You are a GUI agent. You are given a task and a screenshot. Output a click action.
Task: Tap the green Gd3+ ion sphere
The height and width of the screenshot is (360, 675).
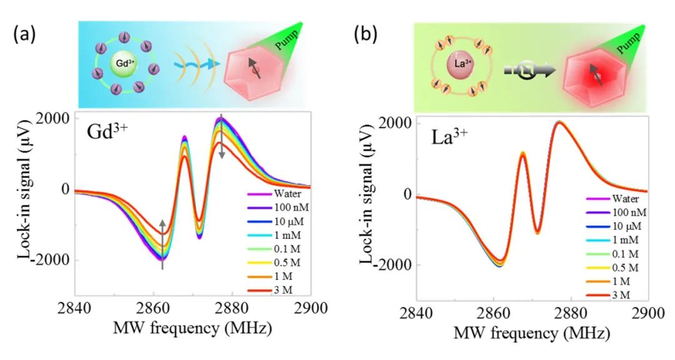pyautogui.click(x=121, y=64)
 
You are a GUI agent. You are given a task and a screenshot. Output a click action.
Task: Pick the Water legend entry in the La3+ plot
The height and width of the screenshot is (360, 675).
pyautogui.click(x=612, y=199)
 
